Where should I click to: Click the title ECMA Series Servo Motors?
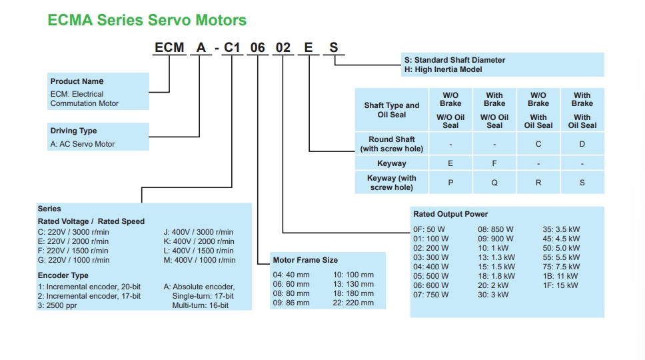tap(147, 20)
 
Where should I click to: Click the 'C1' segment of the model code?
tap(232, 48)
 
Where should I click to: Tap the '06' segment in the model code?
tap(257, 48)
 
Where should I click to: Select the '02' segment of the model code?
tap(283, 48)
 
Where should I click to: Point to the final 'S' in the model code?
tap(334, 48)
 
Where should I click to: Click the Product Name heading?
tap(77, 81)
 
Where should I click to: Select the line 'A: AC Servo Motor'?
tap(82, 144)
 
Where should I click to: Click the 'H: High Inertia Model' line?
tap(443, 69)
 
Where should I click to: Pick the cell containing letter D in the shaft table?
tap(582, 144)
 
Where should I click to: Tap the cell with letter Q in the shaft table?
tap(494, 183)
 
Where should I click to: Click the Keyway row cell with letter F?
tap(494, 163)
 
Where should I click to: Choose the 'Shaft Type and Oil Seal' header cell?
tap(392, 110)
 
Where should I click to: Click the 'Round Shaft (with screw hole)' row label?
tap(392, 144)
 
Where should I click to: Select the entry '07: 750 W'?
tap(430, 295)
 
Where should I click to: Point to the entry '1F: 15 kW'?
tap(560, 285)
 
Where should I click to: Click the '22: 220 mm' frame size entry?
tap(353, 303)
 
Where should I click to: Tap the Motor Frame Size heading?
tap(305, 260)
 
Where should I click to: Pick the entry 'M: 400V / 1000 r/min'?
tap(199, 260)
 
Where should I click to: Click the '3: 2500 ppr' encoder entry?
tap(57, 305)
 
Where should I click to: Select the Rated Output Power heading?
tap(450, 214)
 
